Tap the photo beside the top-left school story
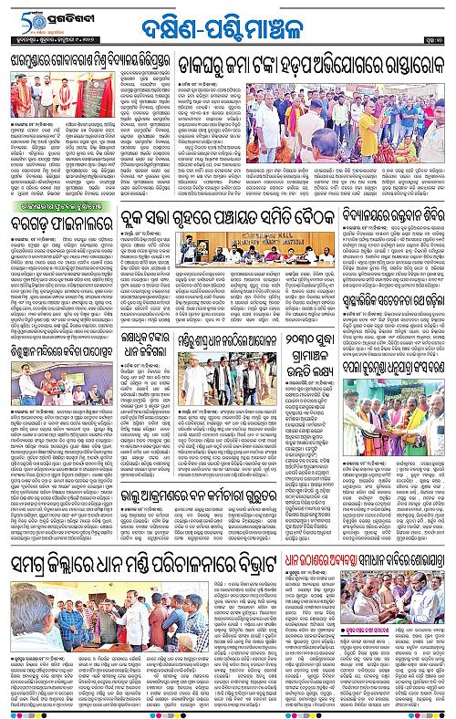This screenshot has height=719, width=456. [x=53, y=99]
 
